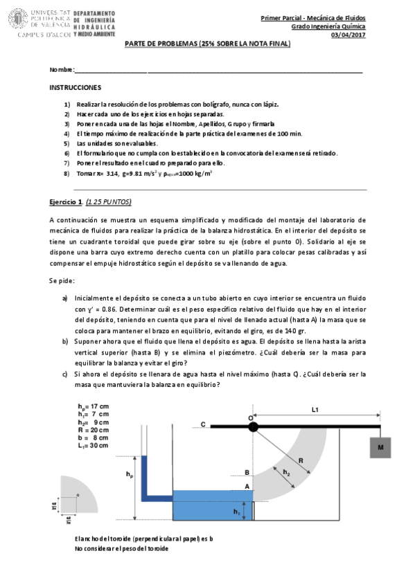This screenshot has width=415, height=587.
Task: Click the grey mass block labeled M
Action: coord(380,448)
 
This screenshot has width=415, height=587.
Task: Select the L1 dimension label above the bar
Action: coord(314,410)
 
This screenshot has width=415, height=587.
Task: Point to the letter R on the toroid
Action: coord(300,460)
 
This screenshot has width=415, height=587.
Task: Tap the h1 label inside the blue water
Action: coord(236,512)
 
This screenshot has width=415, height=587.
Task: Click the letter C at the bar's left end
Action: coord(203,424)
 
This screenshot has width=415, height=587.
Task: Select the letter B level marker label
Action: coord(245,472)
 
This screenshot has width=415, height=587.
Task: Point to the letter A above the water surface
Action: coord(245,486)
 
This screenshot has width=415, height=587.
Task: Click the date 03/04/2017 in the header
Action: coord(348,36)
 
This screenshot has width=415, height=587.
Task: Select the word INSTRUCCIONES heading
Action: coord(76,88)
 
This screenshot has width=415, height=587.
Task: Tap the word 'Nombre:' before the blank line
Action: coord(61,71)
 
